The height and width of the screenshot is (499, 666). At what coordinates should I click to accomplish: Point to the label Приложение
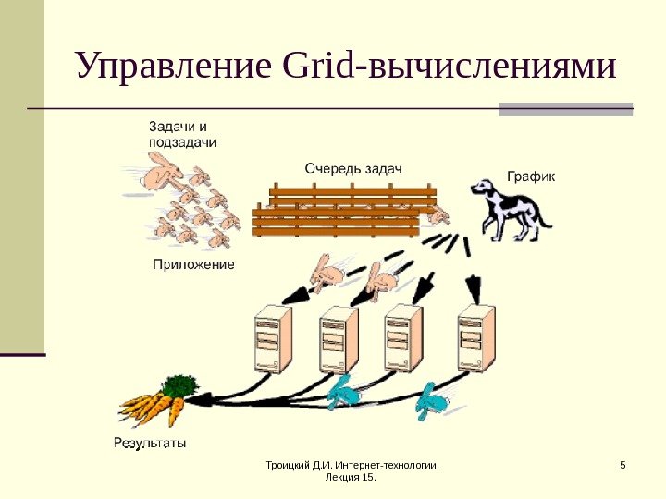[x=192, y=264]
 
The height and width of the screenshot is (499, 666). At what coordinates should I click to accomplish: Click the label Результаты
[x=149, y=443]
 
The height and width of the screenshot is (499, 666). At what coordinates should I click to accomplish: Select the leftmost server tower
[x=272, y=339]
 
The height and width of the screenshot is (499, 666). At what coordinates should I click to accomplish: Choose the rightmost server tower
[x=477, y=339]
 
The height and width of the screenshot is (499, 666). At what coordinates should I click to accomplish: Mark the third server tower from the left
[x=403, y=339]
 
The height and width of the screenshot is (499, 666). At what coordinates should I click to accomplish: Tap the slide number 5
[x=623, y=465]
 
